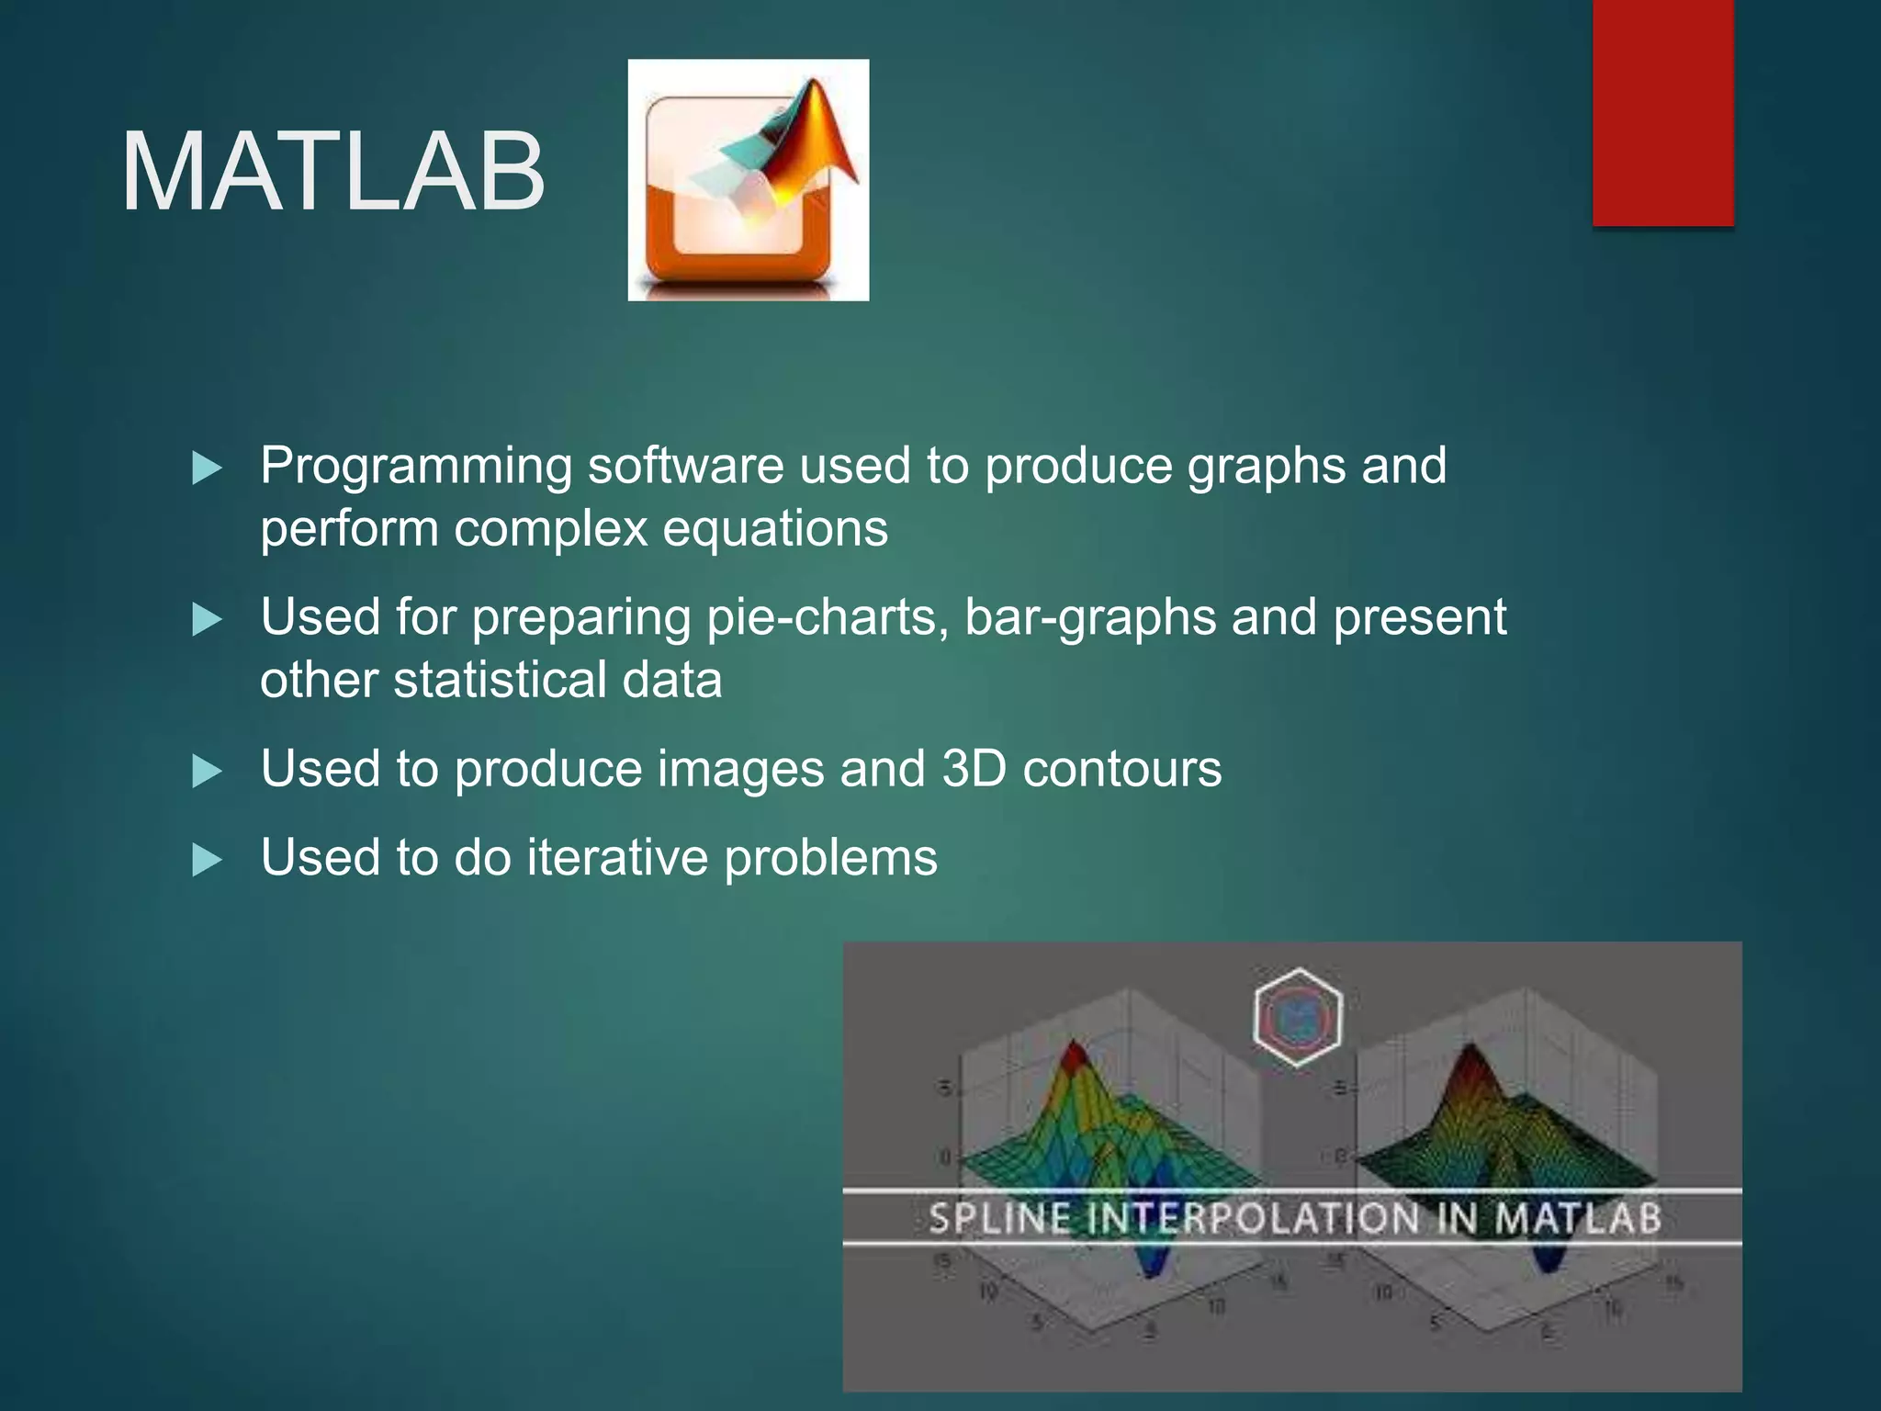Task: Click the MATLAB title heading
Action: pyautogui.click(x=332, y=172)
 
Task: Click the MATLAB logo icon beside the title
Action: pyautogui.click(x=748, y=180)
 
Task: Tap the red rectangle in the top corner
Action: pyautogui.click(x=1662, y=112)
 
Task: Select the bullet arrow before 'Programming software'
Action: pyautogui.click(x=207, y=468)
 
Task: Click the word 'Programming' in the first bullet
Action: pyautogui.click(x=416, y=467)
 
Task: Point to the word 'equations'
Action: pyautogui.click(x=775, y=530)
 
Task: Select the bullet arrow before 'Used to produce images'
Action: pyautogui.click(x=207, y=772)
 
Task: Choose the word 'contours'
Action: pyautogui.click(x=1121, y=770)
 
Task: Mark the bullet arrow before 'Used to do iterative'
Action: pyautogui.click(x=207, y=861)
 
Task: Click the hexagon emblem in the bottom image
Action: pyautogui.click(x=1297, y=1017)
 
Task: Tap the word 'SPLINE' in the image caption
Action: pyautogui.click(x=999, y=1219)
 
